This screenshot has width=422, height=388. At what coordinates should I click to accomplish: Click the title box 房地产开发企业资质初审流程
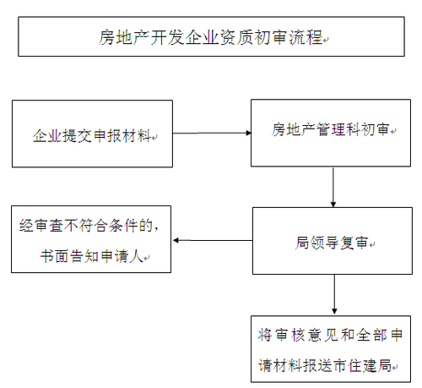(210, 37)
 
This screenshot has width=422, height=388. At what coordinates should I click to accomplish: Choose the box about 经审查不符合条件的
(90, 239)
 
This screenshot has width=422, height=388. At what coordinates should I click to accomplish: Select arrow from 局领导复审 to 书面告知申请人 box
(211, 241)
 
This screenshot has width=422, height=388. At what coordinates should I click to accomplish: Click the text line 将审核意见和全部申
(331, 336)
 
